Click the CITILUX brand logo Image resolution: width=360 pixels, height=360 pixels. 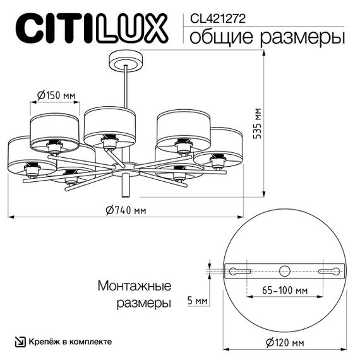(x=91, y=28)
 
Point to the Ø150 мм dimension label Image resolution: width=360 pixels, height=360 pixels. (x=56, y=95)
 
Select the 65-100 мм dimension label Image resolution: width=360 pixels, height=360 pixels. (x=284, y=291)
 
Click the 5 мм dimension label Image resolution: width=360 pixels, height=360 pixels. (x=198, y=301)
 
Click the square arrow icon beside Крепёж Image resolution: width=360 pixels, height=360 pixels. (x=21, y=341)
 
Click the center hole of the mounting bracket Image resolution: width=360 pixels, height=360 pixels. (x=284, y=271)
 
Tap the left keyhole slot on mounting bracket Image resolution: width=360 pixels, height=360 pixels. (x=239, y=271)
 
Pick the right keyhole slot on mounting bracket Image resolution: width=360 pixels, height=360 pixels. (x=329, y=271)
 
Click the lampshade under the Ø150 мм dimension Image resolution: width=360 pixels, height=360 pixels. (x=54, y=129)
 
